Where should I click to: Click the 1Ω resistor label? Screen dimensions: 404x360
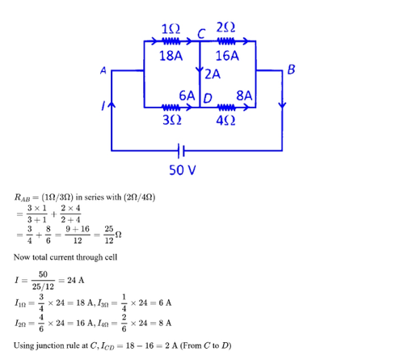[x=170, y=28]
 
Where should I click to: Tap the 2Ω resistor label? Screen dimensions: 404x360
[x=225, y=28]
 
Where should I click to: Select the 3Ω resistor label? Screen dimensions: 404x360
[x=172, y=120]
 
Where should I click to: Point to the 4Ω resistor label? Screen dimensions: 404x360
[x=225, y=121]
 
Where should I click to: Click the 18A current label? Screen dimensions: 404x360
[x=170, y=56]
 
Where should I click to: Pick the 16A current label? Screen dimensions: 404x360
[x=227, y=56]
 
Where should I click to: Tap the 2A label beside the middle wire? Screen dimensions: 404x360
[x=213, y=74]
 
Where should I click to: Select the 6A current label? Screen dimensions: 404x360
[x=187, y=95]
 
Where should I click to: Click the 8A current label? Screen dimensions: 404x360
[x=244, y=95]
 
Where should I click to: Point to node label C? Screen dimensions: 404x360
[x=201, y=34]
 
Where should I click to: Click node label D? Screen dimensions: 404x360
[x=208, y=99]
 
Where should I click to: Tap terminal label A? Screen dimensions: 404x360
[x=103, y=70]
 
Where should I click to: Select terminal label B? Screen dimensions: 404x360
[x=291, y=70]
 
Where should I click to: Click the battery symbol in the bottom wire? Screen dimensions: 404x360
[x=181, y=150]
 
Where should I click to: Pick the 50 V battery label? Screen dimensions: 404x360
[x=183, y=170]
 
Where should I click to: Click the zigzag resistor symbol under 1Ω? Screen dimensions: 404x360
[x=171, y=41]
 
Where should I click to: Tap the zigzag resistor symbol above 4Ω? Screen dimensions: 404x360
[x=226, y=108]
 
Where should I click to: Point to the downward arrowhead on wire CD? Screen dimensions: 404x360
[x=200, y=69]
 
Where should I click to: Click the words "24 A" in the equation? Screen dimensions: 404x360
[x=76, y=281]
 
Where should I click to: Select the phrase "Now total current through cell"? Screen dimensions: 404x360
[x=65, y=257]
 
